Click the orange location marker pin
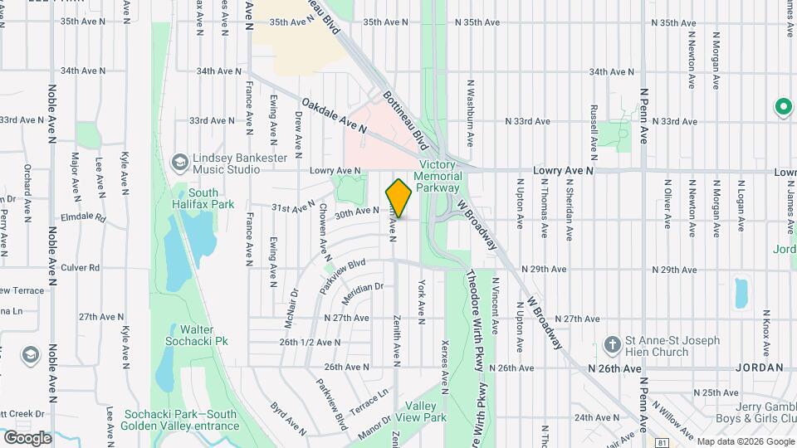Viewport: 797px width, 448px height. pyautogui.click(x=398, y=197)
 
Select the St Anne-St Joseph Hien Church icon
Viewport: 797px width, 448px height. pyautogui.click(x=612, y=345)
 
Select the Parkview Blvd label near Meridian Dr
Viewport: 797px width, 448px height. pyautogui.click(x=343, y=270)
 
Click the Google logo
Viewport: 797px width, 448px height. pyautogui.click(x=27, y=437)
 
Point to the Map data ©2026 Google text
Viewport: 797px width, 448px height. pyautogui.click(x=743, y=441)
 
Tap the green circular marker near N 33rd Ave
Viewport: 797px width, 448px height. pyautogui.click(x=782, y=106)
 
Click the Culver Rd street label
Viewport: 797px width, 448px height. pyautogui.click(x=81, y=269)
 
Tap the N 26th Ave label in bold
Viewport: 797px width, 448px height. pyautogui.click(x=615, y=368)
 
